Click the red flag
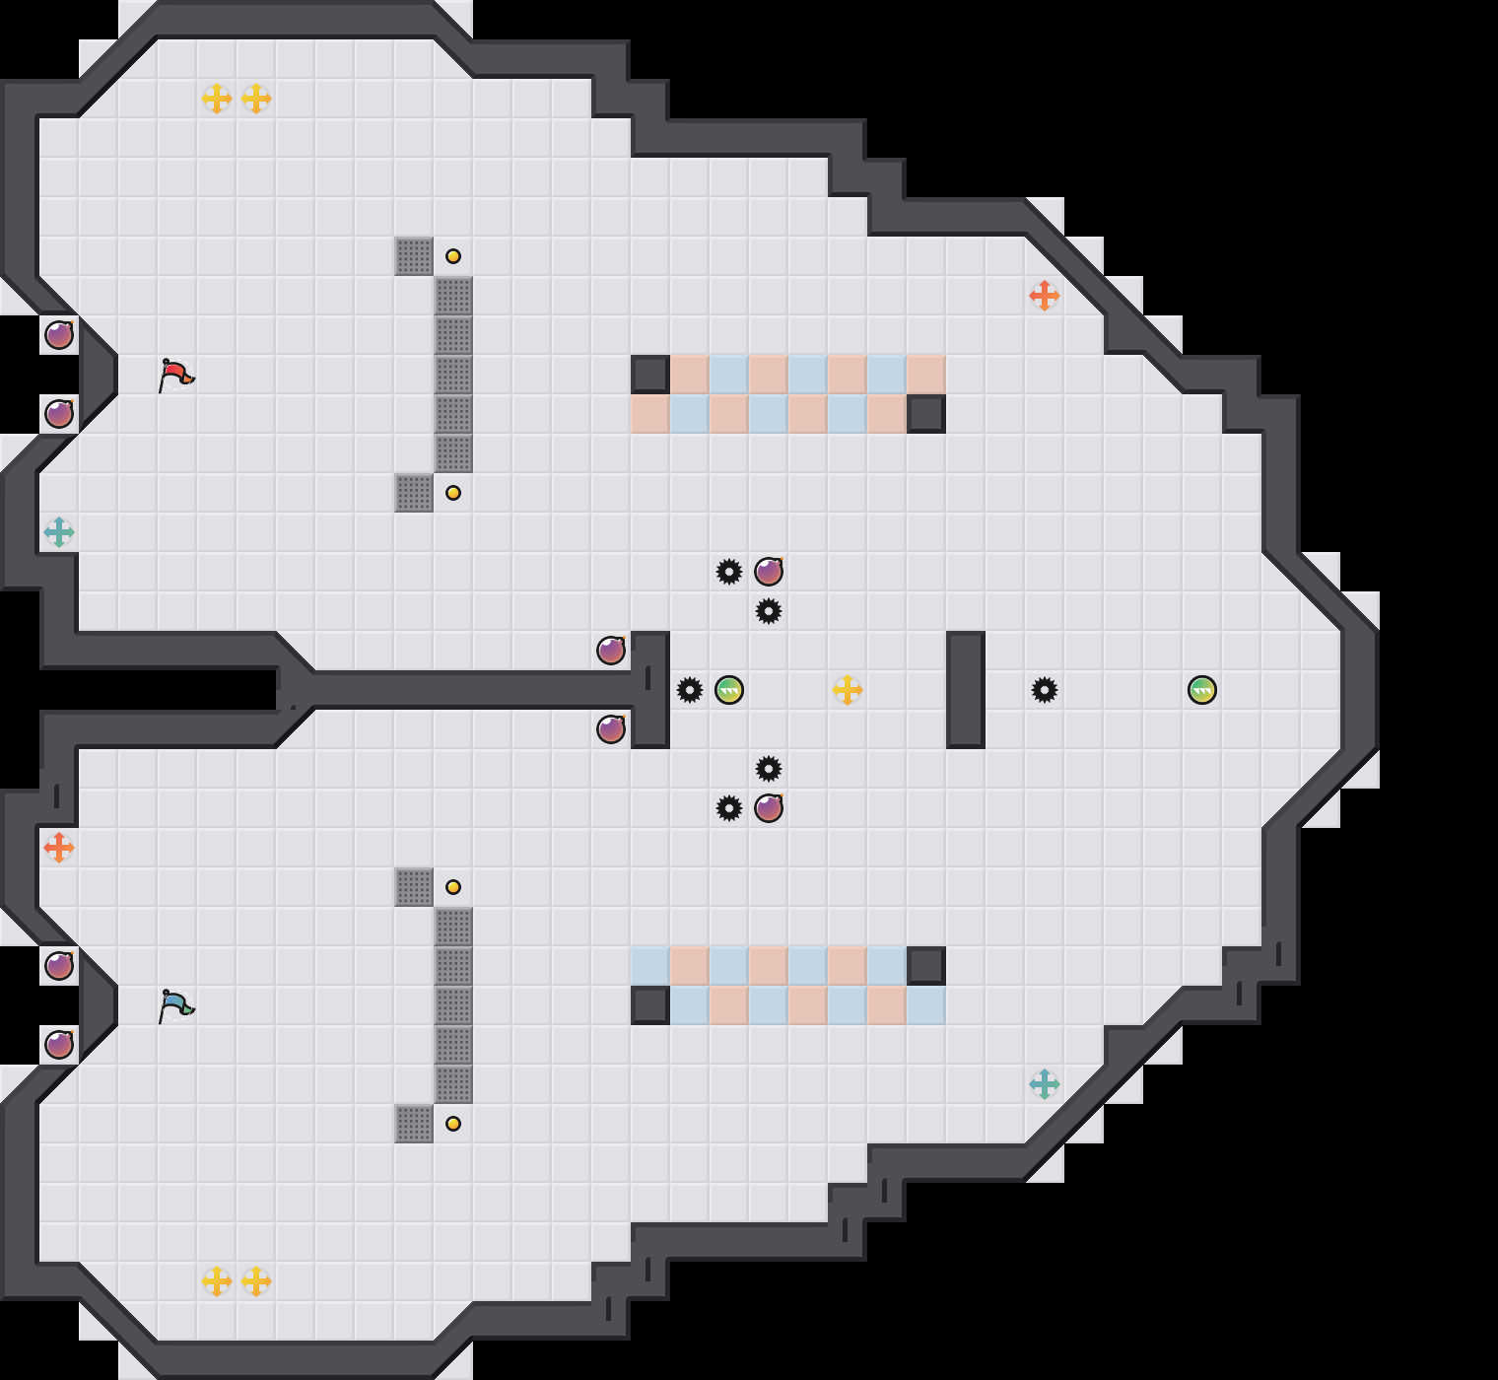tap(175, 375)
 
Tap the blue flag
tap(175, 1005)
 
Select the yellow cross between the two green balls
tap(848, 690)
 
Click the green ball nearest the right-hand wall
tap(1202, 690)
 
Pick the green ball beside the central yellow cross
tap(729, 690)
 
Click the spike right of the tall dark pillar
tap(1045, 690)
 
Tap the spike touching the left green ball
tap(690, 690)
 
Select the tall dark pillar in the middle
tap(966, 690)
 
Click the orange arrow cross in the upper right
tap(1045, 295)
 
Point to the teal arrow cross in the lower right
tap(1045, 1084)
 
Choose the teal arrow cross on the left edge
tap(59, 532)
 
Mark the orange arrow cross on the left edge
tap(59, 847)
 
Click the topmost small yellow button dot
tap(453, 256)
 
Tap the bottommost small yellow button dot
tap(453, 1124)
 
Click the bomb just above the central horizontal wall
tap(611, 651)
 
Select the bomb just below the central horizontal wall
tap(611, 729)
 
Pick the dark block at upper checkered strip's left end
tap(650, 375)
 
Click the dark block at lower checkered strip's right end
tap(926, 966)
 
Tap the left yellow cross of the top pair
tap(217, 99)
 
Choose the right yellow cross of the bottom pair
tap(256, 1281)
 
